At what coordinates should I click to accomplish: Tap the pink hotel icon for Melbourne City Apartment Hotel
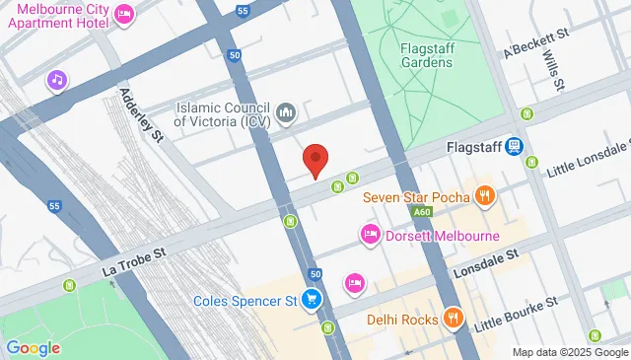coord(124,13)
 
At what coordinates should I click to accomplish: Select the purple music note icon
coord(58,79)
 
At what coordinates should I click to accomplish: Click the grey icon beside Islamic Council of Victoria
coord(286,114)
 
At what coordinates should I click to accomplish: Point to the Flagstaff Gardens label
coord(426,55)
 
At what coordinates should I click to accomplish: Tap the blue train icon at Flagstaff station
coord(514,146)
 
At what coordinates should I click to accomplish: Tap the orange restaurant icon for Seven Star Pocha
coord(483,195)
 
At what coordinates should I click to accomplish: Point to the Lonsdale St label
coord(486,261)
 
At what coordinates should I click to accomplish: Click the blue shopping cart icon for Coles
coord(312,299)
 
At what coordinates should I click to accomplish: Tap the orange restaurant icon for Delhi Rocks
coord(453,319)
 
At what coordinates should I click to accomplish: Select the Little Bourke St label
coord(516,312)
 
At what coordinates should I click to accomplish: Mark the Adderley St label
coord(139,115)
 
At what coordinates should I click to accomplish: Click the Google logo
coord(33,347)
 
